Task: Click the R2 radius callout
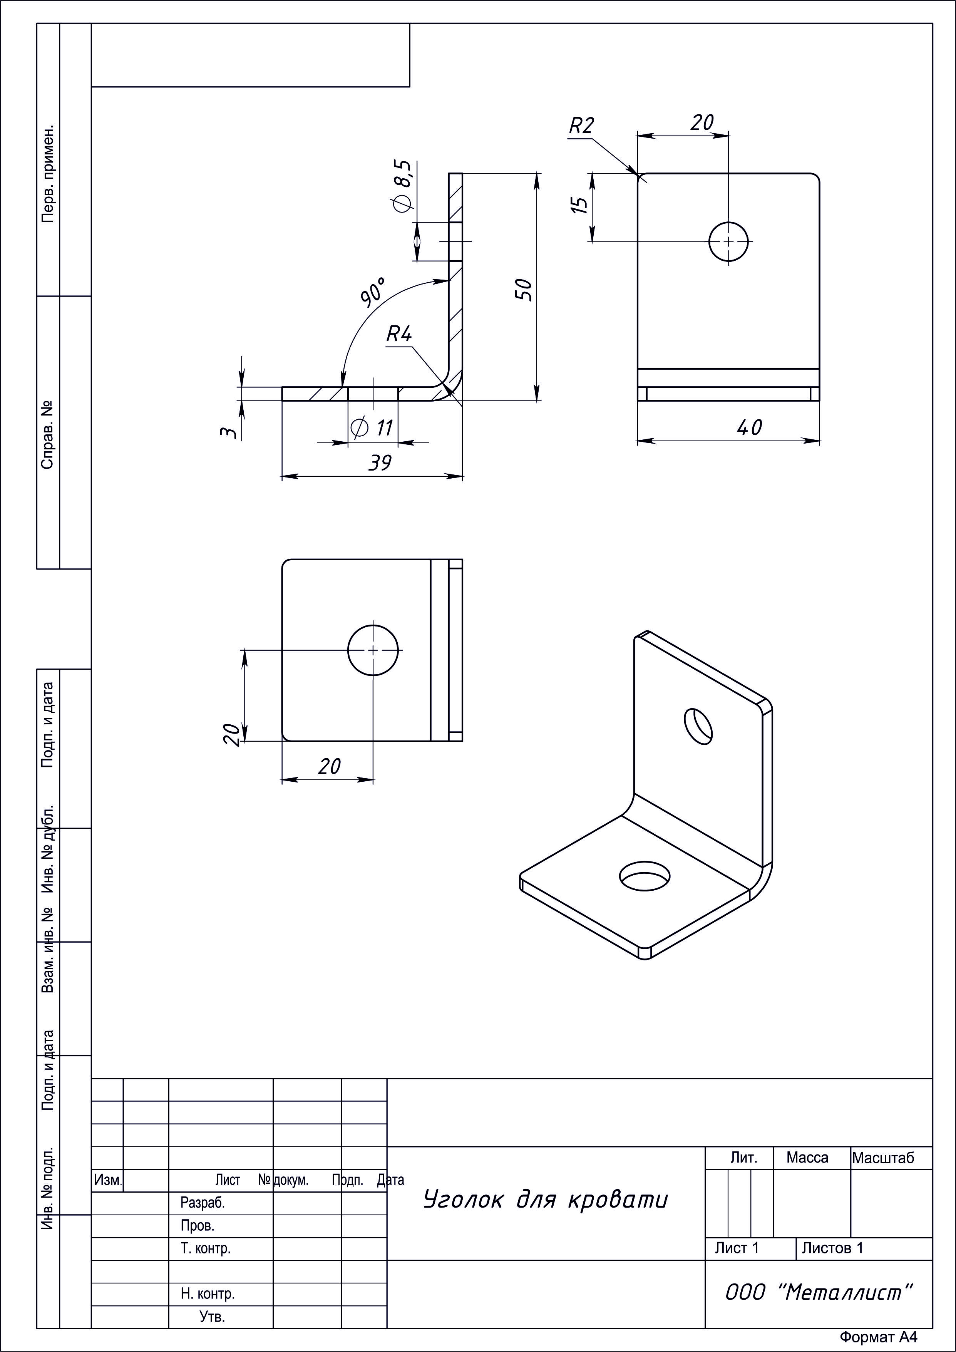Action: click(582, 126)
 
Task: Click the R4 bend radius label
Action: click(399, 335)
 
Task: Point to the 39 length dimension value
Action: click(380, 463)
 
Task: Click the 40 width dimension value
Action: click(749, 427)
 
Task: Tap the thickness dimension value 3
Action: click(230, 433)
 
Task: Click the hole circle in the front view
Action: click(729, 241)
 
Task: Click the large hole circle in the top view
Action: click(373, 650)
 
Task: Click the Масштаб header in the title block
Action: click(883, 1158)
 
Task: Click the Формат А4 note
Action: click(878, 1337)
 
